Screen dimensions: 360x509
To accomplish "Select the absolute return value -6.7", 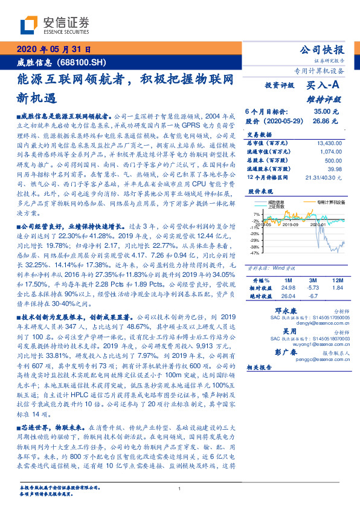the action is coord(312,296).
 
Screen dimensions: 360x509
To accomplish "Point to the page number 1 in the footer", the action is coord(180,489).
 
